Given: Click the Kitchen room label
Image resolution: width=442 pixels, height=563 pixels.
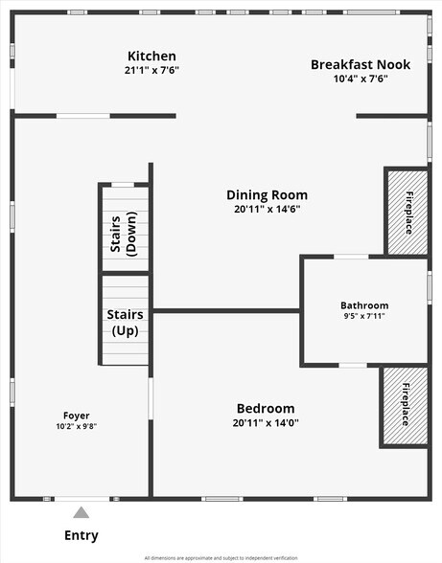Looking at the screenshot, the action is (x=151, y=56).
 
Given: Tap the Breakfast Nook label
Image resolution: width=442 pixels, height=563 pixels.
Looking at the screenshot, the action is (x=361, y=65).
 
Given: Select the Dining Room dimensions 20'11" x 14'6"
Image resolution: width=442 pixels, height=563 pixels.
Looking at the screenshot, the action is (x=268, y=209).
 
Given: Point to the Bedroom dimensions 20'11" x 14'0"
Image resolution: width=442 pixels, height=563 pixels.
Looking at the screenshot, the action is (x=266, y=422).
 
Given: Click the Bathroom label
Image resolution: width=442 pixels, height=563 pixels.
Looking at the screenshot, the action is (x=364, y=305).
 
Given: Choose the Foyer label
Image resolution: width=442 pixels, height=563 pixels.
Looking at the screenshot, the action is (x=77, y=416).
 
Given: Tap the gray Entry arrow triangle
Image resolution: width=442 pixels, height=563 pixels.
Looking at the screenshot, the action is (x=81, y=512).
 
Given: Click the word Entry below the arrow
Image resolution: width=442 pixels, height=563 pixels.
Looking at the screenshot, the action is (x=81, y=535).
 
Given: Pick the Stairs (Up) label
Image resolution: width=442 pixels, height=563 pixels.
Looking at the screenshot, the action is (x=126, y=323).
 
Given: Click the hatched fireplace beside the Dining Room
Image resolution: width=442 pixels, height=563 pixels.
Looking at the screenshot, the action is (x=407, y=213).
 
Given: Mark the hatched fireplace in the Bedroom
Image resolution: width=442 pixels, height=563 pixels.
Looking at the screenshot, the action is (x=405, y=406).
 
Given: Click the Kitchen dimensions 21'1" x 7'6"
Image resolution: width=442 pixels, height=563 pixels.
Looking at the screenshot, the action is (x=151, y=70).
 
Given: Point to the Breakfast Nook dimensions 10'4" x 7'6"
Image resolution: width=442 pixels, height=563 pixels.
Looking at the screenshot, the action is (x=361, y=79).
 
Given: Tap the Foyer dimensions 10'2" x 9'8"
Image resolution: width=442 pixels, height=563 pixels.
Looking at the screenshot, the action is (x=77, y=426).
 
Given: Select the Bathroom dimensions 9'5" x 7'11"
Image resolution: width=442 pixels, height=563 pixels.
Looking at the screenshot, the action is (x=364, y=316).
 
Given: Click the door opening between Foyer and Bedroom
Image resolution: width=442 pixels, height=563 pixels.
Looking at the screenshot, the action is (x=151, y=398).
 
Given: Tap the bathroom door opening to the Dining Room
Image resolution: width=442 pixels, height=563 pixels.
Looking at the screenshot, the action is (x=351, y=257).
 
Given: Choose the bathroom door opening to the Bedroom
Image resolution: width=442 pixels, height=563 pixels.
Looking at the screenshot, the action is (x=353, y=366).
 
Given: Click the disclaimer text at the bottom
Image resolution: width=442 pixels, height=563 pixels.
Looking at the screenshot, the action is (x=221, y=558).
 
